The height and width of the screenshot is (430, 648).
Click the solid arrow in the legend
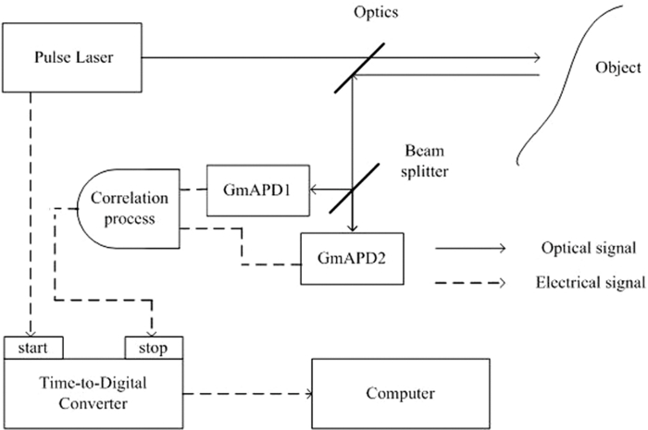(470, 248)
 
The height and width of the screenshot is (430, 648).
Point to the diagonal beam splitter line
(351, 190)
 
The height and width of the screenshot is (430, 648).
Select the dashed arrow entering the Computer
(250, 394)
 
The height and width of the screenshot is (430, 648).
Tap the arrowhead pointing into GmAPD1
(315, 190)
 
